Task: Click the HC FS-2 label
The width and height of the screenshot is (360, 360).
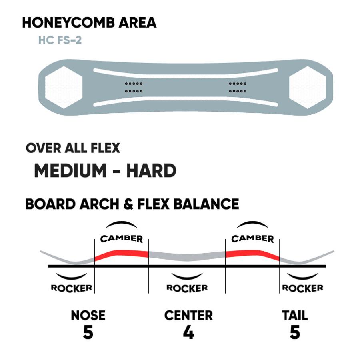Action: point(60,40)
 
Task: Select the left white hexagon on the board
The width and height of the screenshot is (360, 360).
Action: point(64,88)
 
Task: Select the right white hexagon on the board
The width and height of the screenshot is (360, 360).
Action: point(308,88)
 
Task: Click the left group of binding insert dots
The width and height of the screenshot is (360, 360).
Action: point(134,88)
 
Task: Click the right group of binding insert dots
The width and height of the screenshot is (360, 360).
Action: point(238,88)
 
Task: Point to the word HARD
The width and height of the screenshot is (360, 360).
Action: point(151,170)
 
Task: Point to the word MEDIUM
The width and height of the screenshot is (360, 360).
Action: point(70,170)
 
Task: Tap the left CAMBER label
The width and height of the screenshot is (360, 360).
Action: point(122,239)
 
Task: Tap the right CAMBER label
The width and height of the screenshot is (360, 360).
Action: point(252,239)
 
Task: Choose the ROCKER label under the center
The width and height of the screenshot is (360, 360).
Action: point(187,288)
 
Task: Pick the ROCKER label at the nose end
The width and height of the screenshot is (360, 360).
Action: point(72,288)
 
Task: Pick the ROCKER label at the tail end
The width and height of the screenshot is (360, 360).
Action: point(303,288)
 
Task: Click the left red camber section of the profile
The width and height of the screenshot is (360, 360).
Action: point(122,254)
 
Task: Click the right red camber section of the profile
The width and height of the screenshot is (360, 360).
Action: point(252,254)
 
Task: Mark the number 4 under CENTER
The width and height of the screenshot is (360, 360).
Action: point(188,332)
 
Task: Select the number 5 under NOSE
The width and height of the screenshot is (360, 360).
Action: point(88,332)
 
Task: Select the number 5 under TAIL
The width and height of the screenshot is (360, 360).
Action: point(295,332)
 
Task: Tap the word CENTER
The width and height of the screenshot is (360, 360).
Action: point(188,315)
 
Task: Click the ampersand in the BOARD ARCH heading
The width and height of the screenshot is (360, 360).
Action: point(128,204)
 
